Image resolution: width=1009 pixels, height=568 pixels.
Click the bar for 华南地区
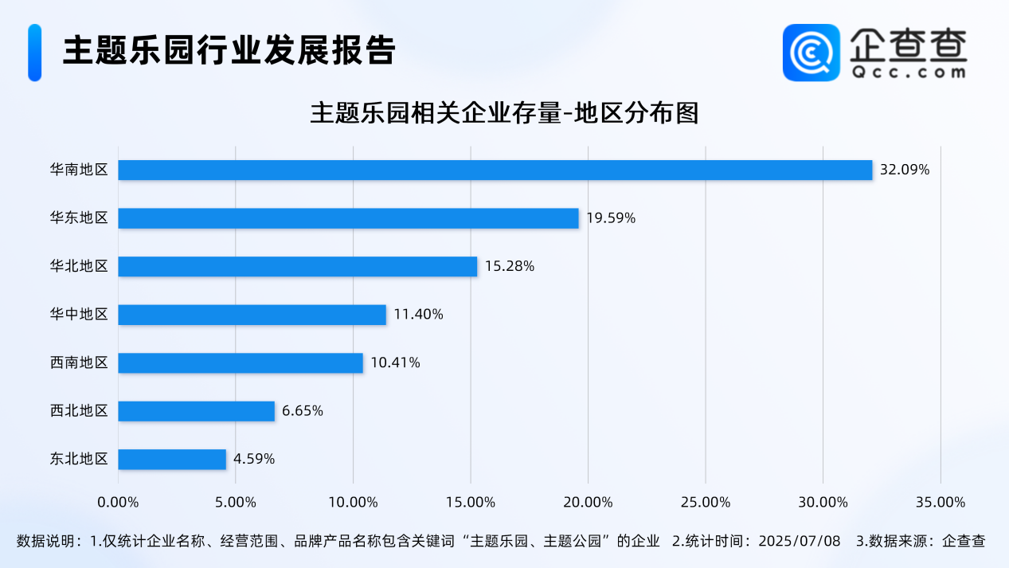pyautogui.click(x=495, y=170)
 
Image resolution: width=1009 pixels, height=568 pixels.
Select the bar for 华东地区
pyautogui.click(x=348, y=218)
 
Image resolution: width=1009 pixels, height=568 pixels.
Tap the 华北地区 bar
pyautogui.click(x=297, y=266)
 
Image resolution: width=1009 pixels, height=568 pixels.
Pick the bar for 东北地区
pyautogui.click(x=172, y=459)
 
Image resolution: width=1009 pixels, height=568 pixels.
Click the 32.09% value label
pyautogui.click(x=905, y=170)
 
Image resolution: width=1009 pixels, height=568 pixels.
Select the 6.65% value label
pyautogui.click(x=303, y=411)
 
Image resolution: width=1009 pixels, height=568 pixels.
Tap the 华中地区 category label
pyautogui.click(x=79, y=315)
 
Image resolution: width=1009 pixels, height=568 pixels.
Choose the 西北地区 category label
pyautogui.click(x=79, y=411)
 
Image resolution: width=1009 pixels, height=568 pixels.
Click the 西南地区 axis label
pyautogui.click(x=79, y=363)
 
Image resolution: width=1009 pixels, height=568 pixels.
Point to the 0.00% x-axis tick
pyautogui.click(x=118, y=503)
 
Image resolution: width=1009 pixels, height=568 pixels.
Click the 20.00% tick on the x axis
pyautogui.click(x=588, y=503)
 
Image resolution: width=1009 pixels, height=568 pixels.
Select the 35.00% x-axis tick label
pyautogui.click(x=941, y=503)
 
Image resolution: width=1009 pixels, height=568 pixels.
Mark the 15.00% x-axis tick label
pyautogui.click(x=471, y=503)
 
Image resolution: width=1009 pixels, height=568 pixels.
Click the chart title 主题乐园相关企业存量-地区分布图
pyautogui.click(x=504, y=113)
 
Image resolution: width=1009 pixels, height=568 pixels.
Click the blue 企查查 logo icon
pyautogui.click(x=811, y=53)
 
